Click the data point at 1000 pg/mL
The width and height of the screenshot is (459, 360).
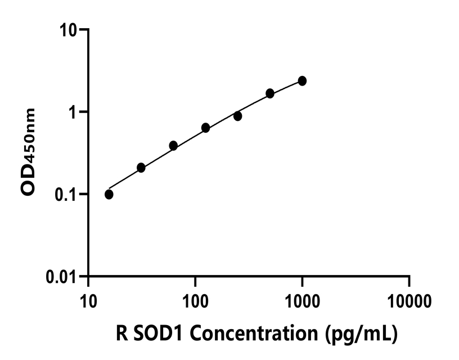(x=302, y=81)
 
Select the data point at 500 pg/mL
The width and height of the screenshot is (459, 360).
(x=270, y=93)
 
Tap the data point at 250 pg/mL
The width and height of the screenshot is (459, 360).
(x=238, y=116)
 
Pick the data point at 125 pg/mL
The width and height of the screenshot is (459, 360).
(x=205, y=128)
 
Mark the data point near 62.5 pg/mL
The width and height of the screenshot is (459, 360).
(x=173, y=146)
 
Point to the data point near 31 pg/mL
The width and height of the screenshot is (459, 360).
(x=141, y=168)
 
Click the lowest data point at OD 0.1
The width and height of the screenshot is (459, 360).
(x=109, y=194)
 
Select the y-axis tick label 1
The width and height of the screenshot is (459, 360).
(x=73, y=112)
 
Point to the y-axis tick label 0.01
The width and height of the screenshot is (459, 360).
(x=62, y=277)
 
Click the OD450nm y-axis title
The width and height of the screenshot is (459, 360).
(x=28, y=152)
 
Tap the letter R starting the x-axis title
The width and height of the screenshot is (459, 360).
(x=125, y=334)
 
